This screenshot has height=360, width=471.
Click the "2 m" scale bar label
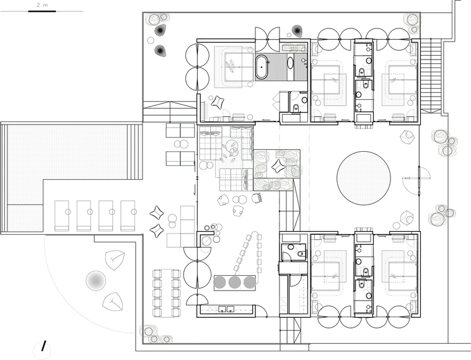click(x=42, y=5)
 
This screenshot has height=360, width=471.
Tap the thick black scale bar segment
click(x=42, y=11)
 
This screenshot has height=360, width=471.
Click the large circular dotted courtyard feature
click(x=364, y=178)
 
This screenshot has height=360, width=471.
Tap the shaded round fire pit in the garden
click(x=96, y=281)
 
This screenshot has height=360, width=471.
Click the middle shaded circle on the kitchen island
click(x=235, y=283)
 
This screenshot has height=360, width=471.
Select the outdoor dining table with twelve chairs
click(x=167, y=292)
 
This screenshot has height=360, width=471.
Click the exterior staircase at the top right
click(x=431, y=76)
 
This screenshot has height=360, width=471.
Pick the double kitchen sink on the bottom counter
click(x=226, y=309)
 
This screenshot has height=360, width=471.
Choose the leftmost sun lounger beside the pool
click(x=62, y=216)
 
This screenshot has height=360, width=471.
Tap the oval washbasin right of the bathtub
click(x=291, y=63)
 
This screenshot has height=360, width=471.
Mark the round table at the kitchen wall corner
click(x=206, y=240)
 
